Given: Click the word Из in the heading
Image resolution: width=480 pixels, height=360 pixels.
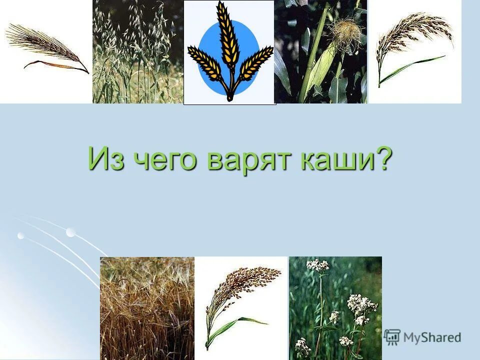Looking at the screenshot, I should coord(103,159).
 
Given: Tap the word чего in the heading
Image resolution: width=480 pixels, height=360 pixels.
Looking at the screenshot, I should coord(160,160).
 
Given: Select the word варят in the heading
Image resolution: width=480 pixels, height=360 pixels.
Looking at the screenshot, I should coord(245,160).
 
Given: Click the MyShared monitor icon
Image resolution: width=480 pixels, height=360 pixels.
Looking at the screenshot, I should coord(392,336).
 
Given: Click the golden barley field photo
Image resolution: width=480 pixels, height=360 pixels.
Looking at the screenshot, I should coord(146,307).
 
